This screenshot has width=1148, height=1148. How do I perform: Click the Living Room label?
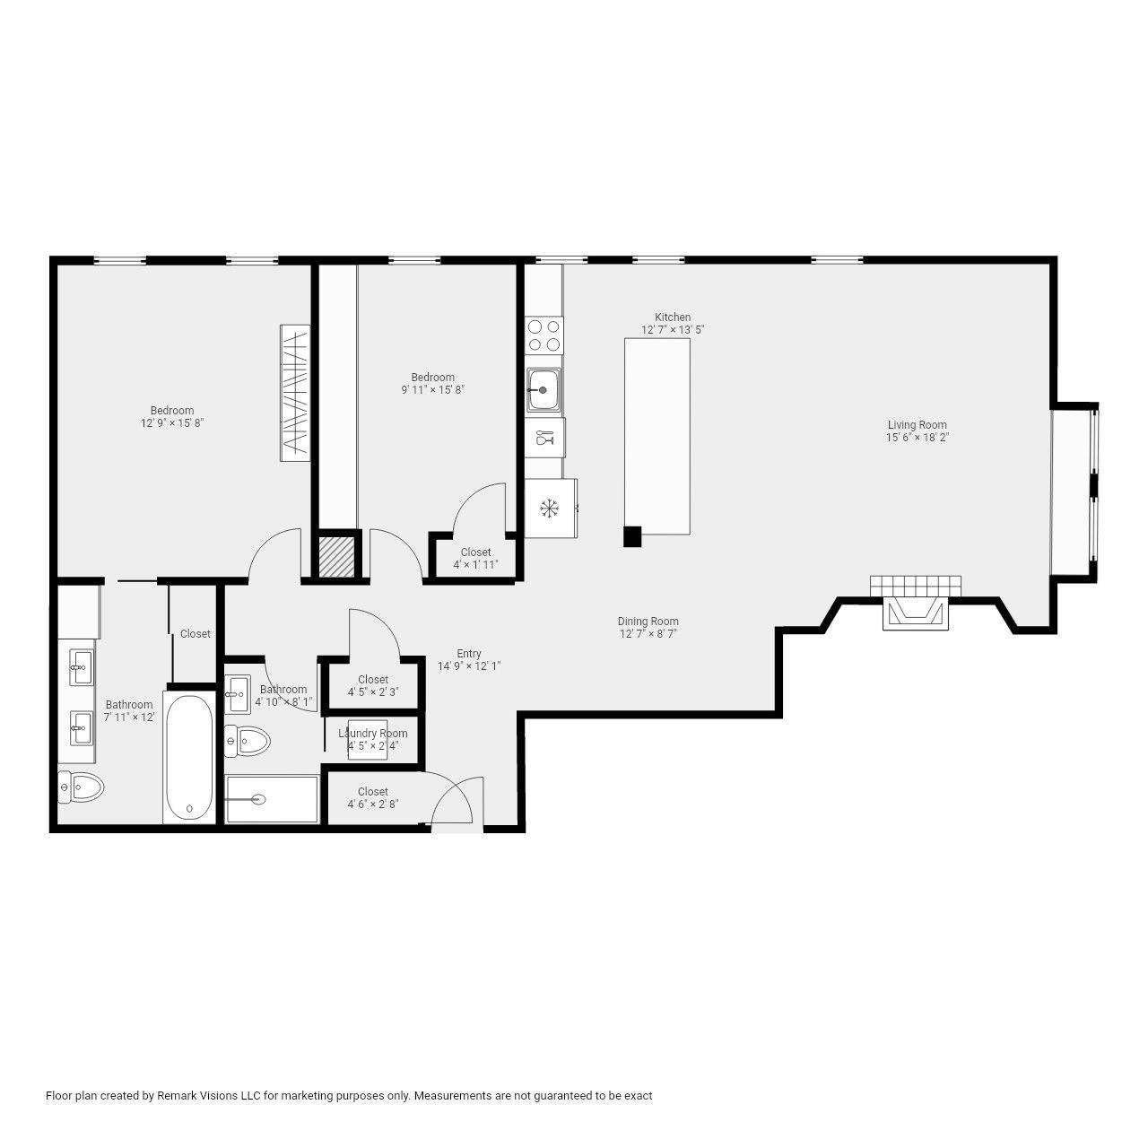(x=917, y=425)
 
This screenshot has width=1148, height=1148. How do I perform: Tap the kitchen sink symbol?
(x=544, y=390)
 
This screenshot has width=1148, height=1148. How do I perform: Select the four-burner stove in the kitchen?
(x=544, y=335)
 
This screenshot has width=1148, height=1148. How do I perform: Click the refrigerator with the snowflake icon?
(x=549, y=509)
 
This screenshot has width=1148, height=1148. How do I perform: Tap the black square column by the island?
(x=632, y=536)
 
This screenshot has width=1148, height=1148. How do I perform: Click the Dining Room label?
(x=648, y=622)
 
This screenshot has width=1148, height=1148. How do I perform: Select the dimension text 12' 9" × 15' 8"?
(x=172, y=423)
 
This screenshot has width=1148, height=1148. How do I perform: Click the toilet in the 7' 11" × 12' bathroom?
(x=80, y=787)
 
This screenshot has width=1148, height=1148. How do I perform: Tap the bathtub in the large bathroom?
(x=189, y=755)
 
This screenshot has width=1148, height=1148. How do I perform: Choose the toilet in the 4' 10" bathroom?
(x=248, y=741)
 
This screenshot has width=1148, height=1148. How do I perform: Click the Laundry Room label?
(x=372, y=734)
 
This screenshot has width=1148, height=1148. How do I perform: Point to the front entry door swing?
(x=453, y=803)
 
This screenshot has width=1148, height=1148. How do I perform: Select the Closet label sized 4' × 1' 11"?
(x=475, y=552)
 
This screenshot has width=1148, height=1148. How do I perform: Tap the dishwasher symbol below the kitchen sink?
(x=544, y=438)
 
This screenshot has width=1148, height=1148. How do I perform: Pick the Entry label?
(x=469, y=654)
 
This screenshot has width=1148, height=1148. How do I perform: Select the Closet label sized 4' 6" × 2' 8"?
(x=373, y=792)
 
